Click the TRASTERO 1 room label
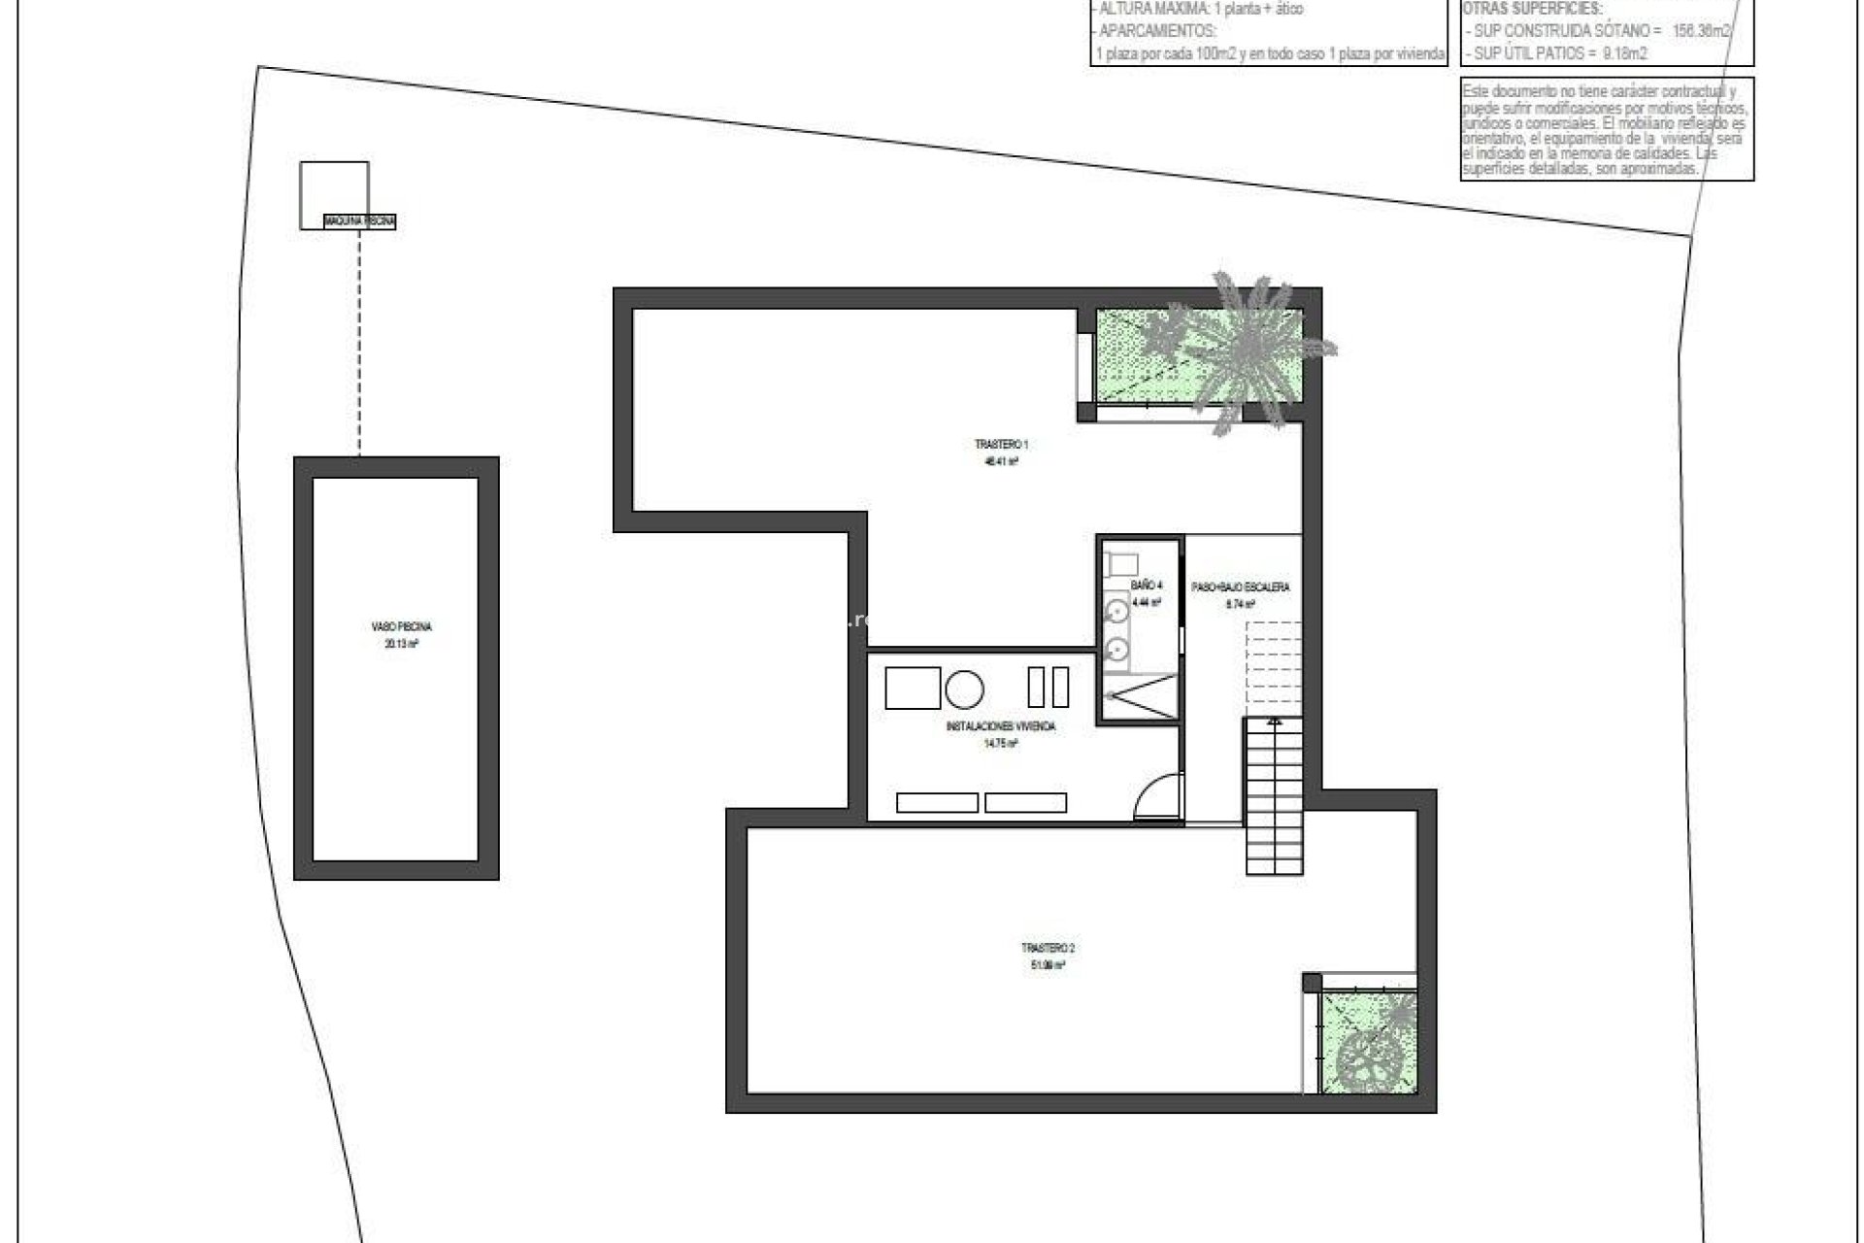coord(1001,445)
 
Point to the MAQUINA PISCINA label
coord(360,222)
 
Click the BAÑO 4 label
coord(1146,586)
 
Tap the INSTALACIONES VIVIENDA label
coord(1000,726)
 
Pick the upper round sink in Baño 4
coord(1117,611)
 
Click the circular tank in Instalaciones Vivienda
coord(964,689)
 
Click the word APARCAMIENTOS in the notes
coord(1157,30)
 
